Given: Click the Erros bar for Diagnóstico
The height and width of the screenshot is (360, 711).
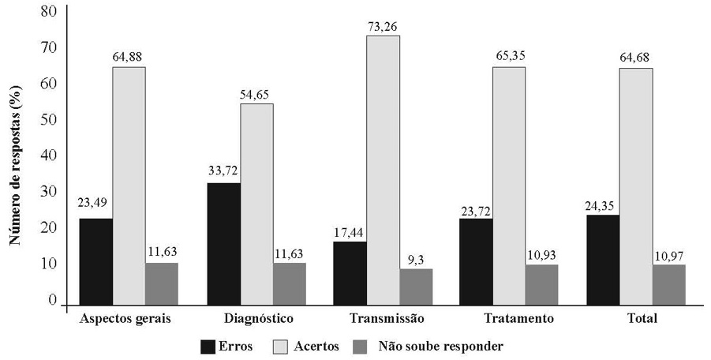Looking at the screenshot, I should (223, 244).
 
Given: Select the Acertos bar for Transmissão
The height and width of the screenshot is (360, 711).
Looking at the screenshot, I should (383, 170).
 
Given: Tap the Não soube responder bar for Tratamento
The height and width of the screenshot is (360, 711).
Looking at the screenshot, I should (542, 284).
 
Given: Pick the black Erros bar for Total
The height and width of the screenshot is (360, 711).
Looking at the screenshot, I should (604, 260).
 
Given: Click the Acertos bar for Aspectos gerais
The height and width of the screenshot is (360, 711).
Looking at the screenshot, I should (129, 186).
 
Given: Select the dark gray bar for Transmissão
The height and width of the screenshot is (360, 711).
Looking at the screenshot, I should (416, 287).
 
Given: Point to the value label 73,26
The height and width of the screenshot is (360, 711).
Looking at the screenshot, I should (383, 27).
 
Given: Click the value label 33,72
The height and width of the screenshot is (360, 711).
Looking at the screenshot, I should (223, 170).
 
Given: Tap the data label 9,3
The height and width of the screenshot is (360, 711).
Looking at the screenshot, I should (416, 257).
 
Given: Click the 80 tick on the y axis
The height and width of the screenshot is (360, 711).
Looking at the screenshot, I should (50, 12).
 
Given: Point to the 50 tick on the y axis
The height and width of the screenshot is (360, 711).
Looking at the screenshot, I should (50, 120).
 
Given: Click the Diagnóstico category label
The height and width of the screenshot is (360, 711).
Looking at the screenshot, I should (256, 318).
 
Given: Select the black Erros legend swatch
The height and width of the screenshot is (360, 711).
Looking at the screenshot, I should (208, 346).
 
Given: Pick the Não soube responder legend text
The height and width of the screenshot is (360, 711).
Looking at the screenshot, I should (440, 346).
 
